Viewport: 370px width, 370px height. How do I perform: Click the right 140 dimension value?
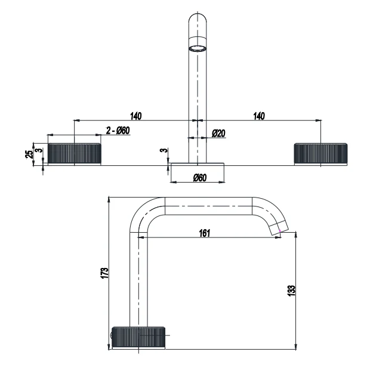(258, 115)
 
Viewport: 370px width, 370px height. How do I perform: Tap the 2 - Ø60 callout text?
(118, 131)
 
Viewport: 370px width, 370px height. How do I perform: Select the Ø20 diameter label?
(218, 134)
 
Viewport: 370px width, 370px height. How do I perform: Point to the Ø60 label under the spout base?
(199, 178)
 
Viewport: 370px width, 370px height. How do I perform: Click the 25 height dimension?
(28, 154)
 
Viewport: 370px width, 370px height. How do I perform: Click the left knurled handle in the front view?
(74, 153)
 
